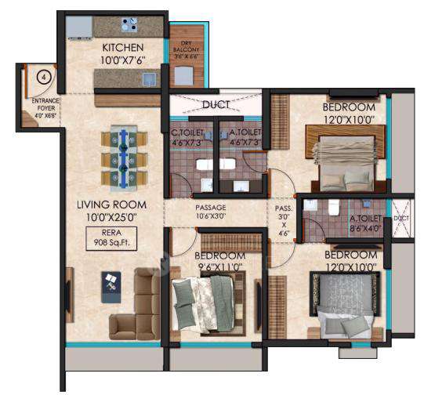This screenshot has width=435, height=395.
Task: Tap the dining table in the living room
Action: pos(124,159)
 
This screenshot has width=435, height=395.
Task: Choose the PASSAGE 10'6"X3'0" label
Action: pos(211,212)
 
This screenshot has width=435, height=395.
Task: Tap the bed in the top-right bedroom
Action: pos(343,164)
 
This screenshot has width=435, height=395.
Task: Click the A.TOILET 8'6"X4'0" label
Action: pos(365,223)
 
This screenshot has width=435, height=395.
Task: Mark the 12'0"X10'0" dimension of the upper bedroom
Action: pos(343,120)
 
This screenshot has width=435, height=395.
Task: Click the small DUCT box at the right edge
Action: pos(401,219)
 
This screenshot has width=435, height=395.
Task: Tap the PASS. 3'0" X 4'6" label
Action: pos(283,220)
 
